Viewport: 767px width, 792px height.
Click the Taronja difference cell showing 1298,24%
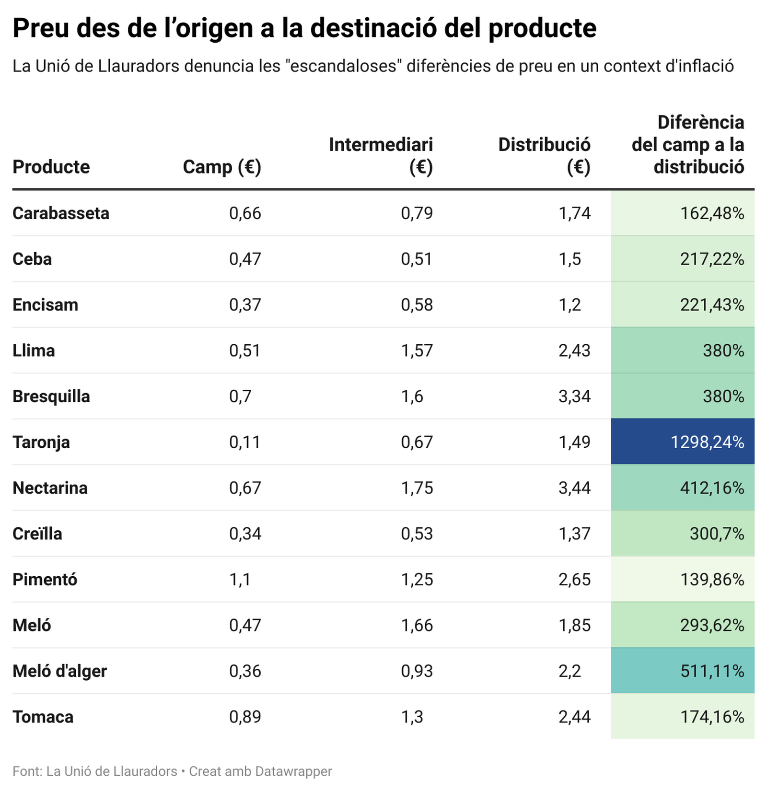tap(707, 442)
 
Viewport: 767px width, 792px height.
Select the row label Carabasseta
tap(61, 213)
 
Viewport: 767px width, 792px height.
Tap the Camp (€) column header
tap(222, 167)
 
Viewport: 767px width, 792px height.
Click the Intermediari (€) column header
tap(381, 155)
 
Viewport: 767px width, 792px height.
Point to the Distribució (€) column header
tap(544, 155)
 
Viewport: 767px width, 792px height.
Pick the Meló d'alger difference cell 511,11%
tap(712, 671)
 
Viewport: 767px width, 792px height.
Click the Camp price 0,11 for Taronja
tap(244, 442)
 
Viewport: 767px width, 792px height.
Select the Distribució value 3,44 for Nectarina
tap(574, 488)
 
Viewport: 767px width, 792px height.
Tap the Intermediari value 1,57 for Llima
tap(417, 350)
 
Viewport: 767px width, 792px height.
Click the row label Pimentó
tap(45, 579)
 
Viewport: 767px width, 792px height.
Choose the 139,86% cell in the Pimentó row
tap(712, 579)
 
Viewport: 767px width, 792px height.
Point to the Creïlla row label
tap(37, 534)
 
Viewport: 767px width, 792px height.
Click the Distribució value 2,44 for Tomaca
tap(574, 717)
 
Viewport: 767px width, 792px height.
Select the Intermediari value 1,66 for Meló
tap(417, 625)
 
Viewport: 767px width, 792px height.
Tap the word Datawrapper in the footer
tap(293, 771)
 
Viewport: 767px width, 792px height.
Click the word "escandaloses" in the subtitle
tap(343, 66)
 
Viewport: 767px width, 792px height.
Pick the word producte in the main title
tap(542, 29)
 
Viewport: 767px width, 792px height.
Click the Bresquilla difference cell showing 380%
tap(723, 396)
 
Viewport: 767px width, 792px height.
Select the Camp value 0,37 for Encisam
tap(245, 304)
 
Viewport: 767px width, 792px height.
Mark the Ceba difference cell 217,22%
tap(712, 259)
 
